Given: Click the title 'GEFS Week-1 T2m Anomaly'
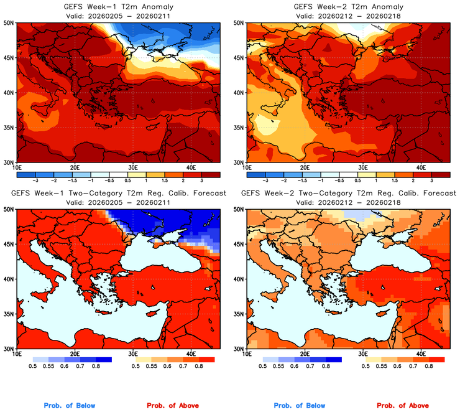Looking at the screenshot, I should click(x=117, y=7).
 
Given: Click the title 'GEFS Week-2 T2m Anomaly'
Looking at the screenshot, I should click(x=346, y=7).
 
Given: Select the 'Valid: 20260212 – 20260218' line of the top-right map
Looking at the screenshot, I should click(x=346, y=16).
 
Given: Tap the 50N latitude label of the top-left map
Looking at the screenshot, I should click(x=9, y=23).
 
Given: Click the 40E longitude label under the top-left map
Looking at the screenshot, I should click(x=191, y=167).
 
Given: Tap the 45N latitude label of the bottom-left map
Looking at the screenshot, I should click(x=9, y=244).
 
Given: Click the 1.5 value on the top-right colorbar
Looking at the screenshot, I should click(x=394, y=178).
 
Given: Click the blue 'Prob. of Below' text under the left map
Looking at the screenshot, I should click(x=70, y=406).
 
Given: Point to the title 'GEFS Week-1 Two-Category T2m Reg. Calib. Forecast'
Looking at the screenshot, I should click(x=117, y=194).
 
